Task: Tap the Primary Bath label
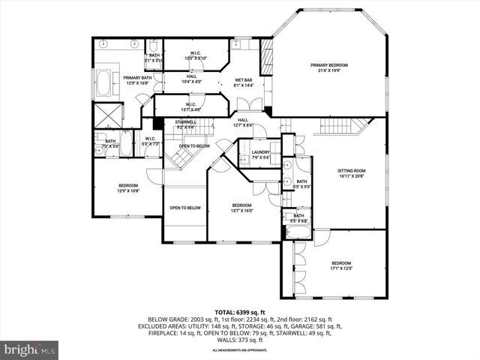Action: coord(137,78)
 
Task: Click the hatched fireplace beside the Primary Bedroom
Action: coord(266,59)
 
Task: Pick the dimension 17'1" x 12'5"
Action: coord(341,268)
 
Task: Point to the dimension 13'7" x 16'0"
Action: coord(241,211)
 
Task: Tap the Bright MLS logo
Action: coord(29,349)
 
